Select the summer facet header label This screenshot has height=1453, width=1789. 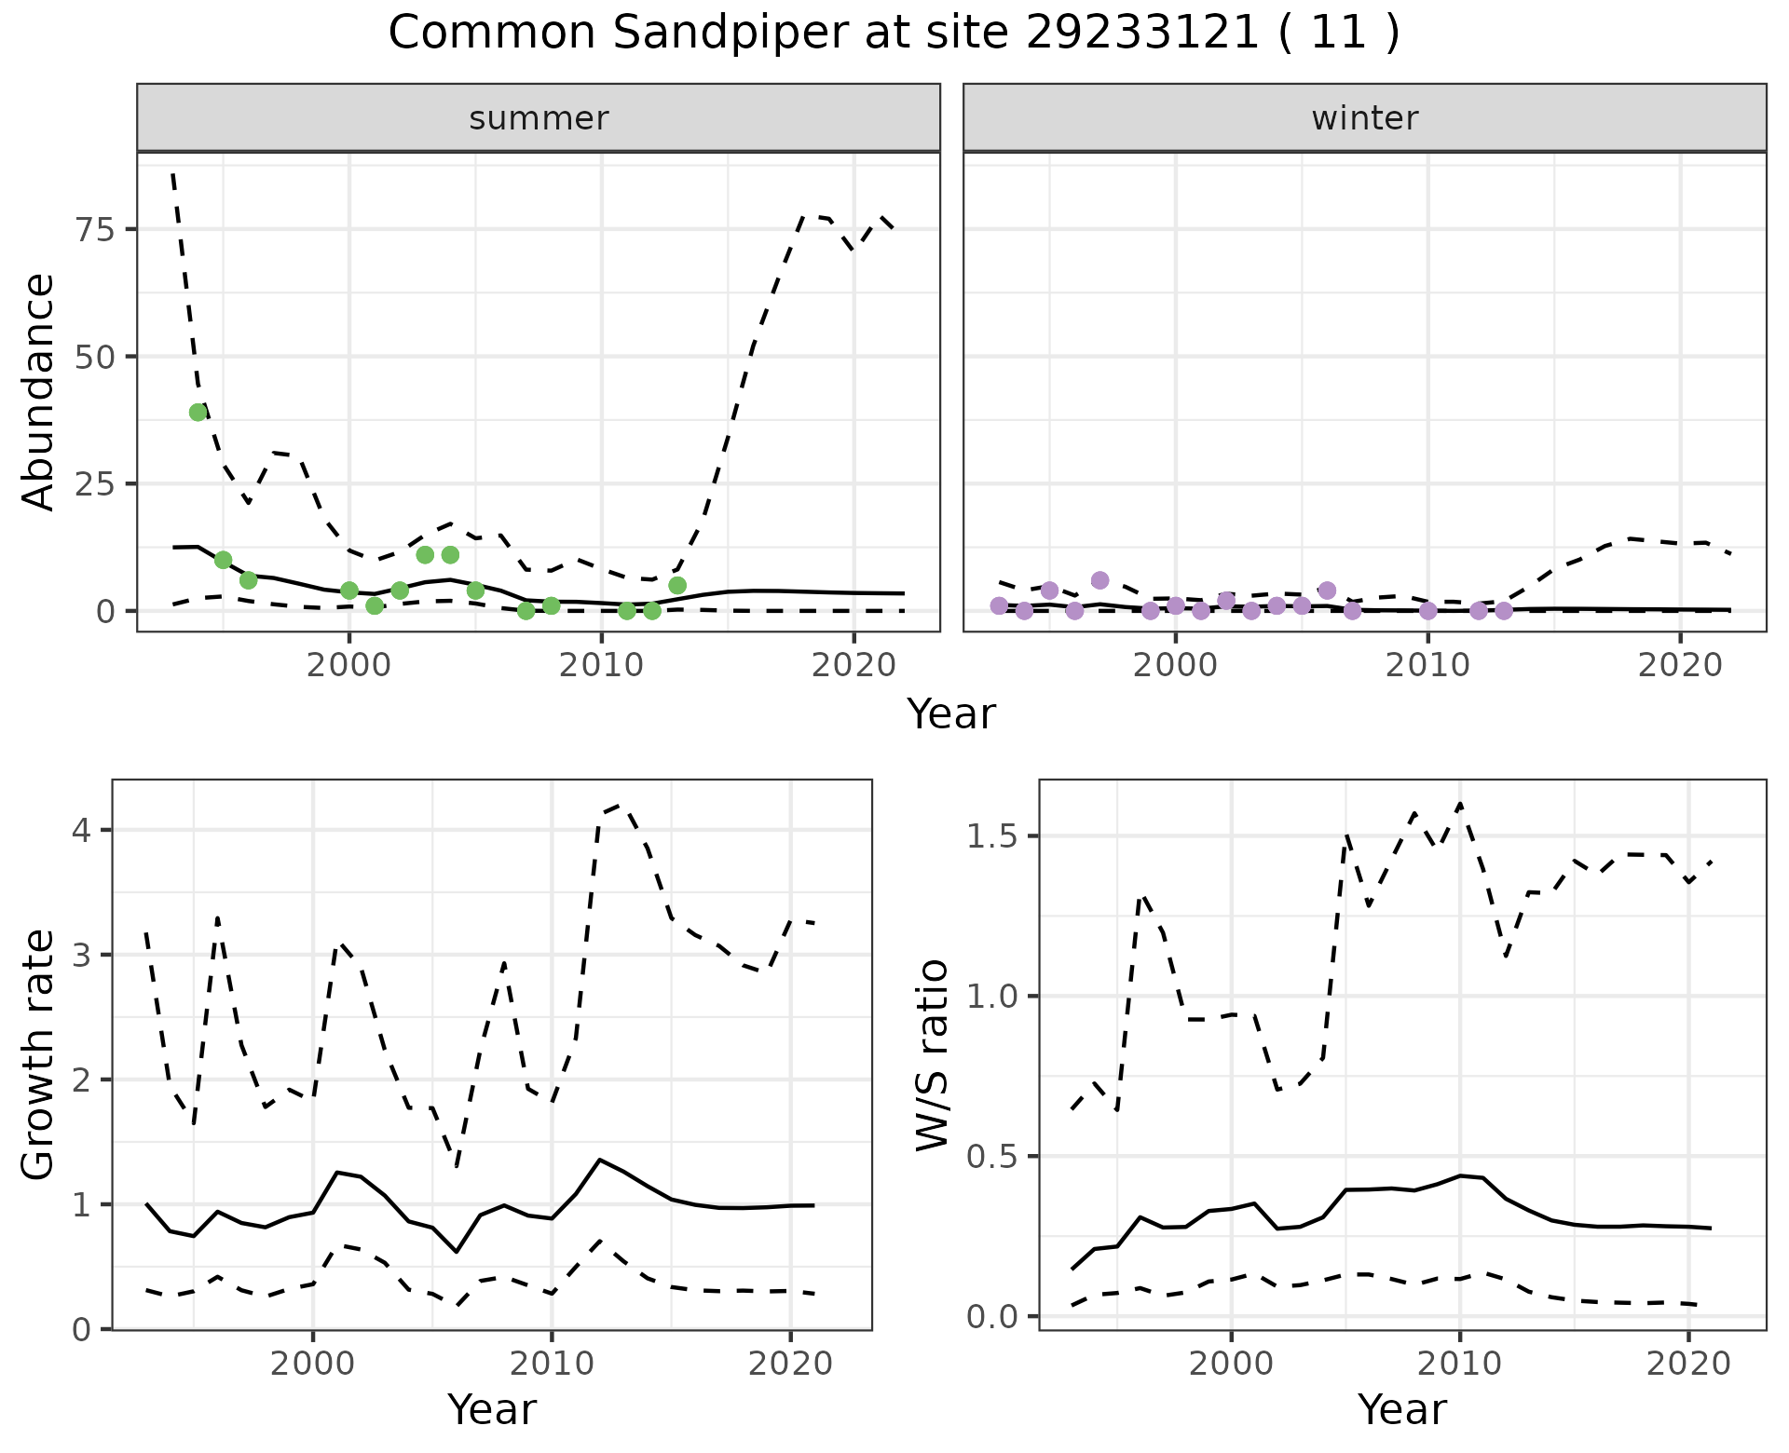click(539, 118)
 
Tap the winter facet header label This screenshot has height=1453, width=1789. click(1364, 118)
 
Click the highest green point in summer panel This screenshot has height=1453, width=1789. click(198, 413)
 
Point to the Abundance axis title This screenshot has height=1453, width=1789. click(39, 392)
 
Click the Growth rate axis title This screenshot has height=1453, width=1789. click(39, 1055)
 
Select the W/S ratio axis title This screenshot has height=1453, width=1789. click(932, 1055)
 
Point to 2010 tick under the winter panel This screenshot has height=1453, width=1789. click(1427, 665)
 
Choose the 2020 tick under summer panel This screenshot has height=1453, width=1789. click(854, 665)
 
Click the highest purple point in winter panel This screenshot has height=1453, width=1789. click(1099, 580)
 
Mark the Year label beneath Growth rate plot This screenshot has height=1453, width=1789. click(492, 1409)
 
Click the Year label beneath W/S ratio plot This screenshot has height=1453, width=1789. click(1401, 1409)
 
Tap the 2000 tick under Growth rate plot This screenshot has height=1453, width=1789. click(313, 1365)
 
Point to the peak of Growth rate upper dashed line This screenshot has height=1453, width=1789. click(622, 804)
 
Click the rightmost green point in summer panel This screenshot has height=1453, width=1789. click(677, 586)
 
